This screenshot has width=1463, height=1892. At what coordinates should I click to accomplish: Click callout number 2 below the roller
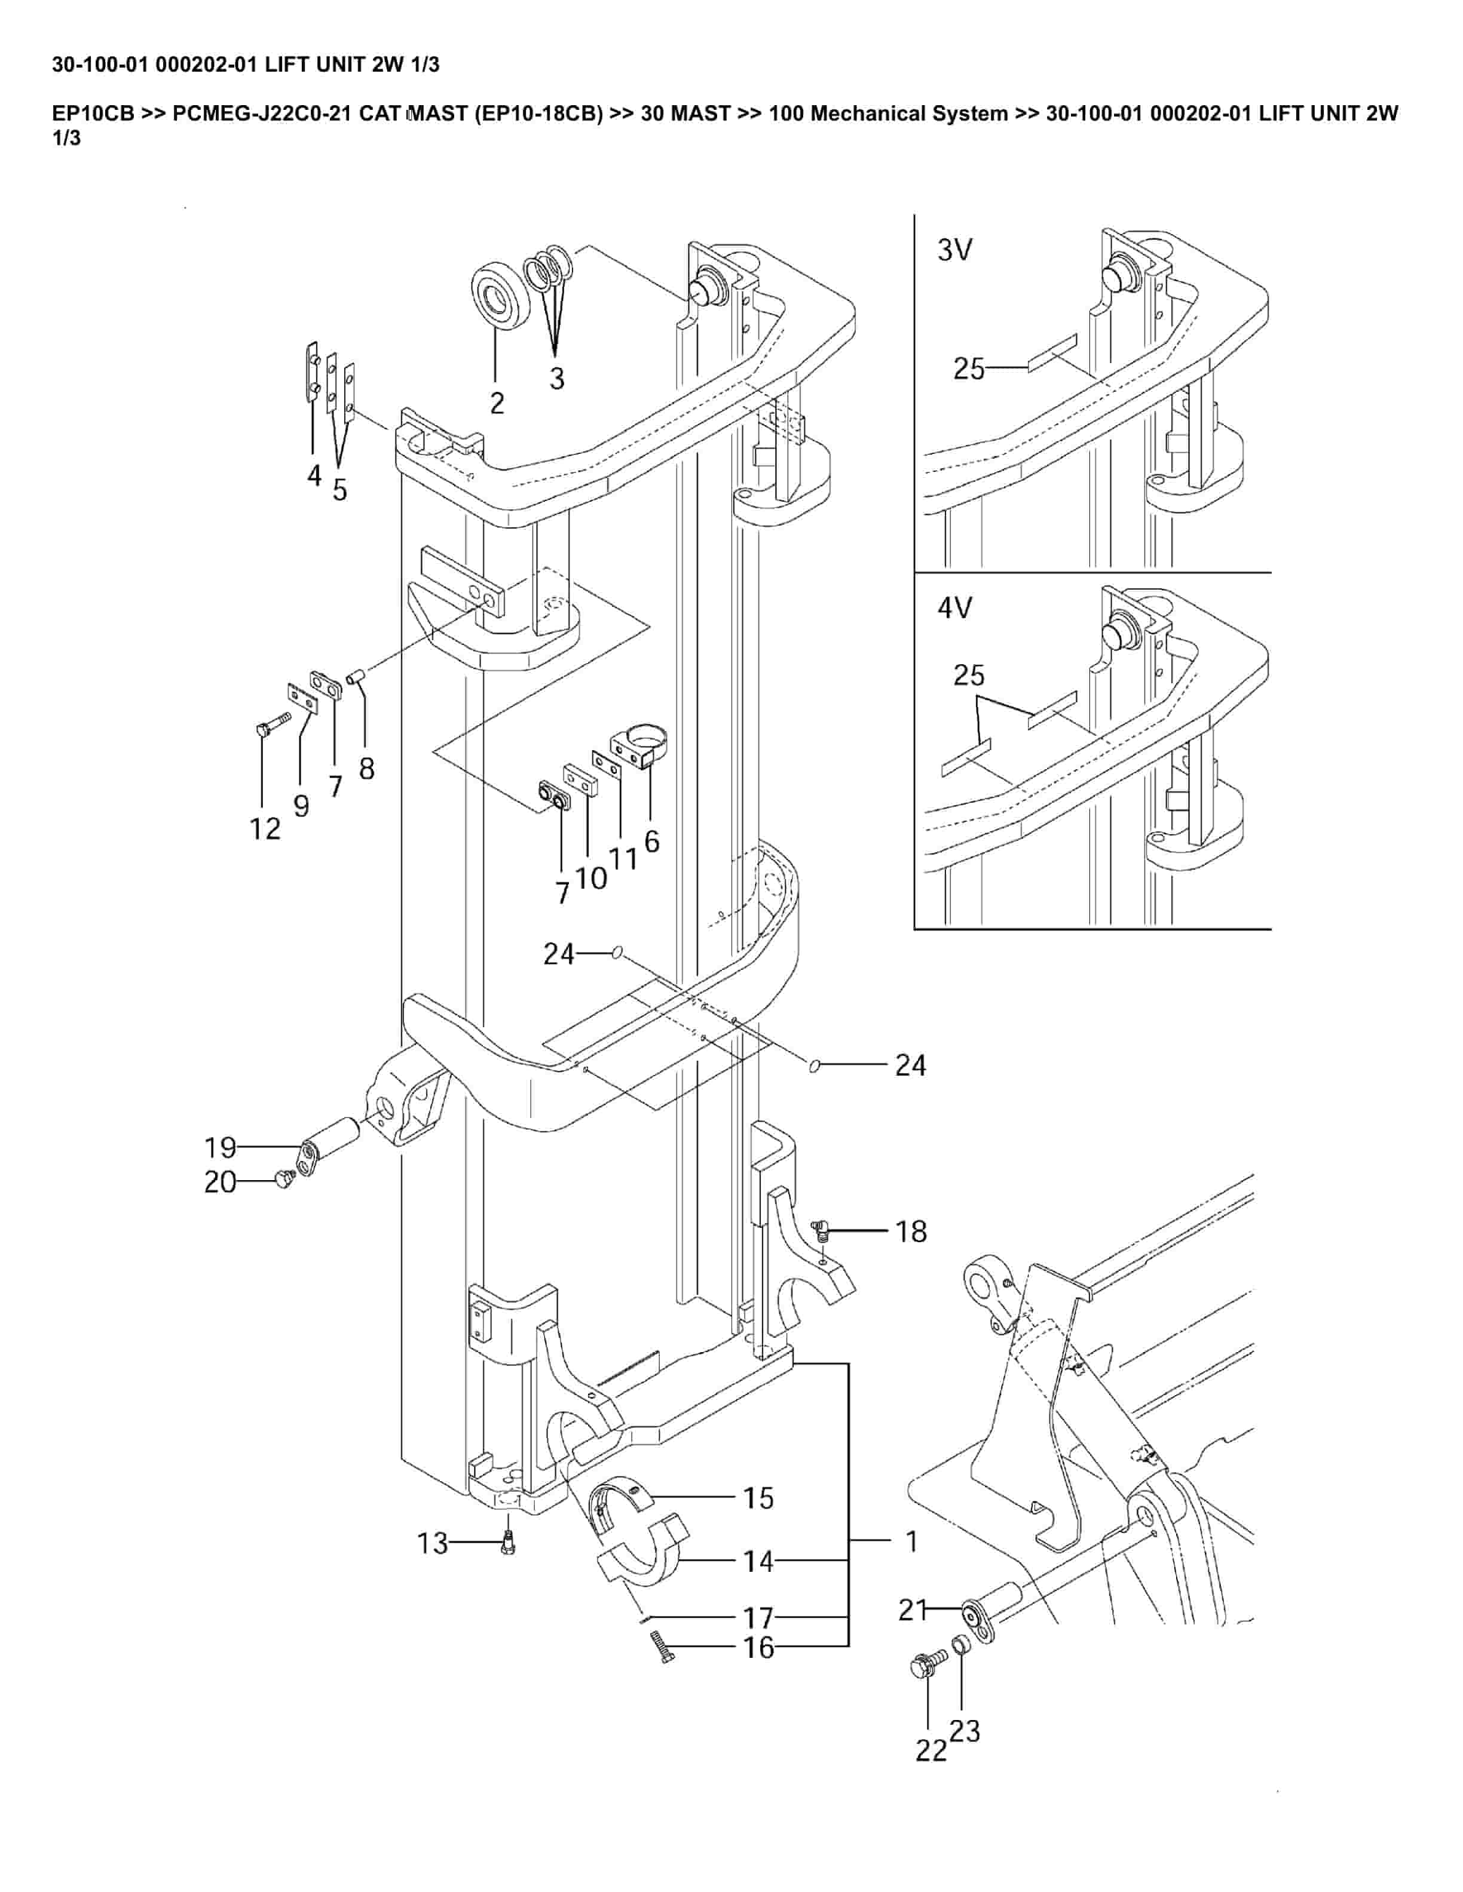(497, 403)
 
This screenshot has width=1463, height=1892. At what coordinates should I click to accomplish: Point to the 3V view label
(954, 250)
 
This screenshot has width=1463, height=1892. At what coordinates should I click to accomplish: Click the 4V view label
(954, 608)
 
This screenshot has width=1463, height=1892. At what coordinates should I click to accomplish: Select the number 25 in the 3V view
(969, 369)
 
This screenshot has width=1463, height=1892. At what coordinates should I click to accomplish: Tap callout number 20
(220, 1182)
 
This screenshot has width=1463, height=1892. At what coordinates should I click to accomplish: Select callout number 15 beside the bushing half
(758, 1498)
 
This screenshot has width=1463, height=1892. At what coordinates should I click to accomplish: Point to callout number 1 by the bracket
(911, 1541)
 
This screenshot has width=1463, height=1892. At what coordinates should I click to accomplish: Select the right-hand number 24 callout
(911, 1065)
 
